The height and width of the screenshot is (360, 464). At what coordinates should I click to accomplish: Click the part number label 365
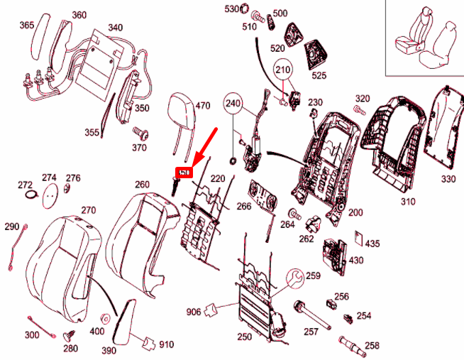[26, 26]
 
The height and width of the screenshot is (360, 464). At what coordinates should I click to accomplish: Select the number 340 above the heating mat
[115, 28]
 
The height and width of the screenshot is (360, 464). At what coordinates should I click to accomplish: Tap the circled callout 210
[283, 70]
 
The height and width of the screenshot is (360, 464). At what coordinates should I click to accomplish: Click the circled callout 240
[233, 104]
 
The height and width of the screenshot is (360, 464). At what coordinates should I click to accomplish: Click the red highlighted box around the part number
[184, 173]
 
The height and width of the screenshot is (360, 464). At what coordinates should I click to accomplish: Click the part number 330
[448, 179]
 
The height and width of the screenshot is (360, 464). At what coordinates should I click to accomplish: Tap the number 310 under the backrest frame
[407, 202]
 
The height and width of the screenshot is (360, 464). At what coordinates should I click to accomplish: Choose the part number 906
[193, 312]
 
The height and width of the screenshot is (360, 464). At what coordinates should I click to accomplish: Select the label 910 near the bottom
[166, 345]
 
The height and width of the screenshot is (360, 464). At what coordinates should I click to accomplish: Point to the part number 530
[232, 9]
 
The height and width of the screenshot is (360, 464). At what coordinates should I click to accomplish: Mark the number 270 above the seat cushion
[88, 210]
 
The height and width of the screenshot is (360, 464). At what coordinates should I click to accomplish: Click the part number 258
[372, 345]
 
